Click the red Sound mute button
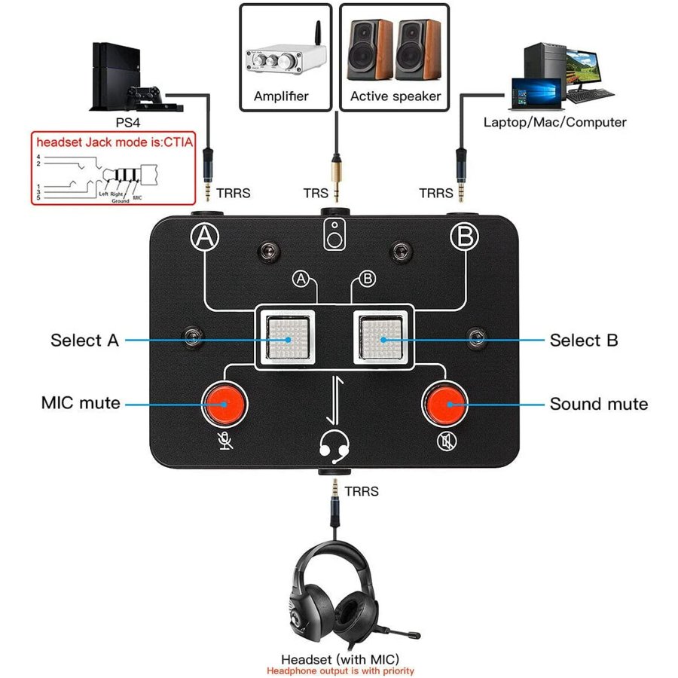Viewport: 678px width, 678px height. click(445, 404)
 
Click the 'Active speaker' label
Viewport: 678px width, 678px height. click(395, 96)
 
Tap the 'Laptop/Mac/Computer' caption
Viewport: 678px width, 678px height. click(554, 121)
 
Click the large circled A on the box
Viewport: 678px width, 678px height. click(204, 237)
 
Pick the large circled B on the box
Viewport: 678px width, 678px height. click(464, 237)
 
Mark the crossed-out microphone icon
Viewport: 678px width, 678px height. click(225, 440)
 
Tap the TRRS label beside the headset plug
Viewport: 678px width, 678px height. click(362, 492)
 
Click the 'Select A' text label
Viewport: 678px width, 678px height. click(84, 340)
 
